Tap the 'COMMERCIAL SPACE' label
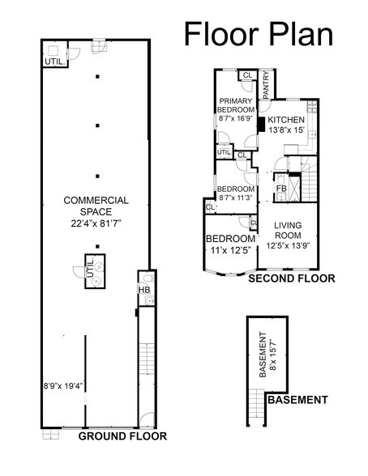[96, 206]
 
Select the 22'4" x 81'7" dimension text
[96, 223]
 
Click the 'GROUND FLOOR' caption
[122, 436]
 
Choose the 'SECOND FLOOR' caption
[291, 278]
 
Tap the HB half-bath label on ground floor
[143, 288]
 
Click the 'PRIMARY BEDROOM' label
[236, 105]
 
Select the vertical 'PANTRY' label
[265, 83]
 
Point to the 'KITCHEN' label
[286, 120]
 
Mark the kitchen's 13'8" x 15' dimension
[286, 130]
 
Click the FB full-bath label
[280, 189]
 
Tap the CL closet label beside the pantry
[246, 76]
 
